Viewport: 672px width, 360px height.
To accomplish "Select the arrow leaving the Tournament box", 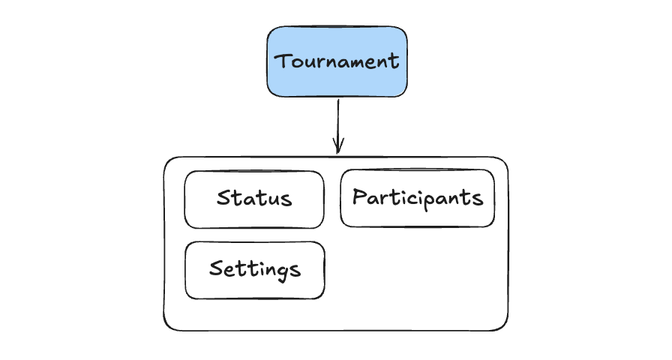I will [x=337, y=120].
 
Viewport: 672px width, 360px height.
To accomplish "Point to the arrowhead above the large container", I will [x=337, y=147].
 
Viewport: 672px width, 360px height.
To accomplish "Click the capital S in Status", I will [x=223, y=198].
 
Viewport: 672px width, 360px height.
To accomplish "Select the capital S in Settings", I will [x=216, y=268].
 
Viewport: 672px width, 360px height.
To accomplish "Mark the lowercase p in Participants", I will [x=429, y=202].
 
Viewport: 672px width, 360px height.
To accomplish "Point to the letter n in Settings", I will [x=271, y=270].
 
